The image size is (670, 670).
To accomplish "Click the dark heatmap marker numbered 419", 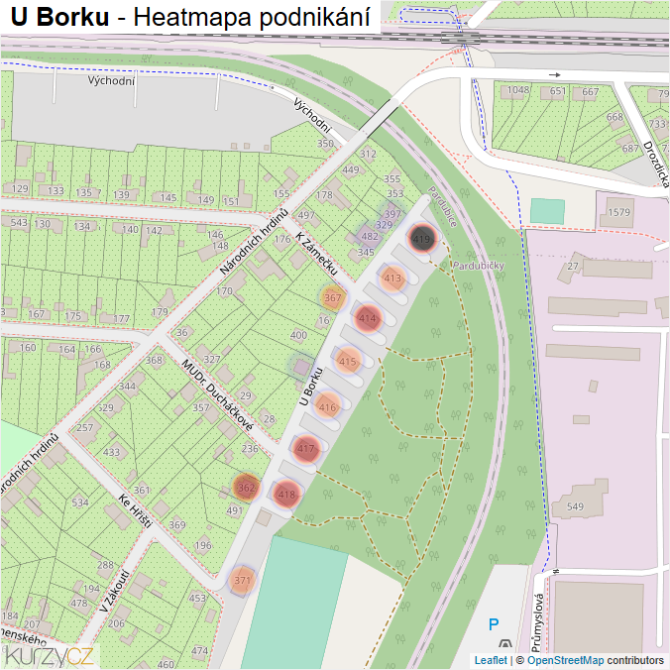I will click(421, 239).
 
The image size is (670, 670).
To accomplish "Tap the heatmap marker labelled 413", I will click(393, 279).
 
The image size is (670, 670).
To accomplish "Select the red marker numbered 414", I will click(369, 319).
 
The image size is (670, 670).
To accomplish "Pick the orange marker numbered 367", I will click(333, 297).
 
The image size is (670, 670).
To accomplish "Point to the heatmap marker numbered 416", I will click(327, 406).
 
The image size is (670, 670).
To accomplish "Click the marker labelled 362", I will click(247, 488).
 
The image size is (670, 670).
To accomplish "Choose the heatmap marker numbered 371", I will click(243, 580).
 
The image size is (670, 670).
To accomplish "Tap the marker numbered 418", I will click(286, 494).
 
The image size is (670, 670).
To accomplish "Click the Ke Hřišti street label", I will click(134, 510).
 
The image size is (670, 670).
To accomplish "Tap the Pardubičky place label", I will click(480, 266).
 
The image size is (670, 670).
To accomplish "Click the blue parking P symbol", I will click(494, 625).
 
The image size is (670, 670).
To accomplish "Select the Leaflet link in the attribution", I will click(490, 660).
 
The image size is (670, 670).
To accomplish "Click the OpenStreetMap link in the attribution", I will click(565, 660).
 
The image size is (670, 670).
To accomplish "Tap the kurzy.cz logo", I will click(50, 655).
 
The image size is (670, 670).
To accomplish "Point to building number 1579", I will click(619, 213).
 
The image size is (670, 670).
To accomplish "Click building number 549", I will click(575, 507).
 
